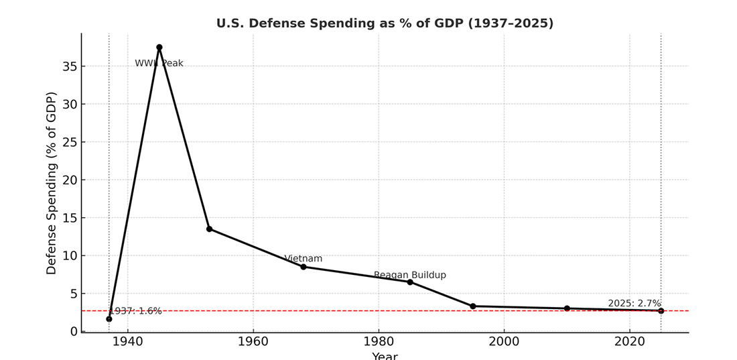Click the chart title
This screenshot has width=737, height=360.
pyautogui.click(x=385, y=23)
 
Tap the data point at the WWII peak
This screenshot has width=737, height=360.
pyautogui.click(x=159, y=48)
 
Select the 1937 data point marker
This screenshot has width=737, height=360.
pyautogui.click(x=109, y=319)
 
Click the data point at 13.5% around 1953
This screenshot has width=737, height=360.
pyautogui.click(x=209, y=229)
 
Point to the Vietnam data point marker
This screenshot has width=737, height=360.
pyautogui.click(x=304, y=267)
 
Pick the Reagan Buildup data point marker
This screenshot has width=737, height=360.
pyautogui.click(x=410, y=282)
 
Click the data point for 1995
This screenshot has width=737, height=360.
pyautogui.click(x=473, y=306)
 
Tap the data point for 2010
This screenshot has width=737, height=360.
pyautogui.click(x=567, y=308)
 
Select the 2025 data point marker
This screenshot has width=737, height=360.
pyautogui.click(x=661, y=311)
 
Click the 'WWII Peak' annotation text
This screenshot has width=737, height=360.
pyautogui.click(x=159, y=64)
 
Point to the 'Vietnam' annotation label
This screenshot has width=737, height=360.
pyautogui.click(x=304, y=259)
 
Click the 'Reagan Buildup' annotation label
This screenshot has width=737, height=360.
pyautogui.click(x=410, y=276)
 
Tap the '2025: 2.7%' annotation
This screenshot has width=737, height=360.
pyautogui.click(x=634, y=304)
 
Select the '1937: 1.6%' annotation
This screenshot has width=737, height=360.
pyautogui.click(x=136, y=311)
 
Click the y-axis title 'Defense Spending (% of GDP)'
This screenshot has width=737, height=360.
pyautogui.click(x=52, y=183)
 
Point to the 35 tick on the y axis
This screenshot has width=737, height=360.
pyautogui.click(x=70, y=66)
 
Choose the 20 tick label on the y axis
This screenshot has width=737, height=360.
pyautogui.click(x=70, y=180)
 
